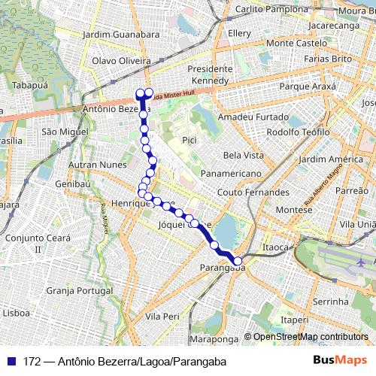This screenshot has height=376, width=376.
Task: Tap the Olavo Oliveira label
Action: (x=117, y=60)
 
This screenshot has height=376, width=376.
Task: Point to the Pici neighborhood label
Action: (x=189, y=140)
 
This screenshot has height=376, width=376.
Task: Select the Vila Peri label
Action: (x=163, y=317)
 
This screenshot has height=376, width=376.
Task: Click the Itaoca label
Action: (x=275, y=247)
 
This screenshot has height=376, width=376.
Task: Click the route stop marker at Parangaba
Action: (x=238, y=261)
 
